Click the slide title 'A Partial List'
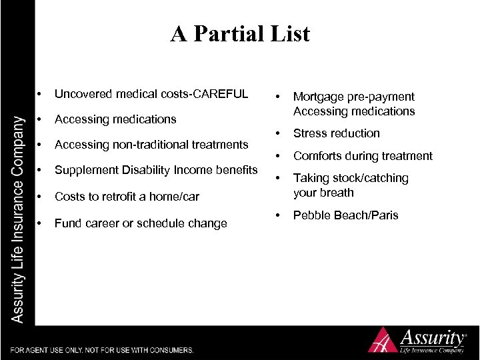(240, 33)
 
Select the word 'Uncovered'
(83, 93)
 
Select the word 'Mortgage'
(317, 97)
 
